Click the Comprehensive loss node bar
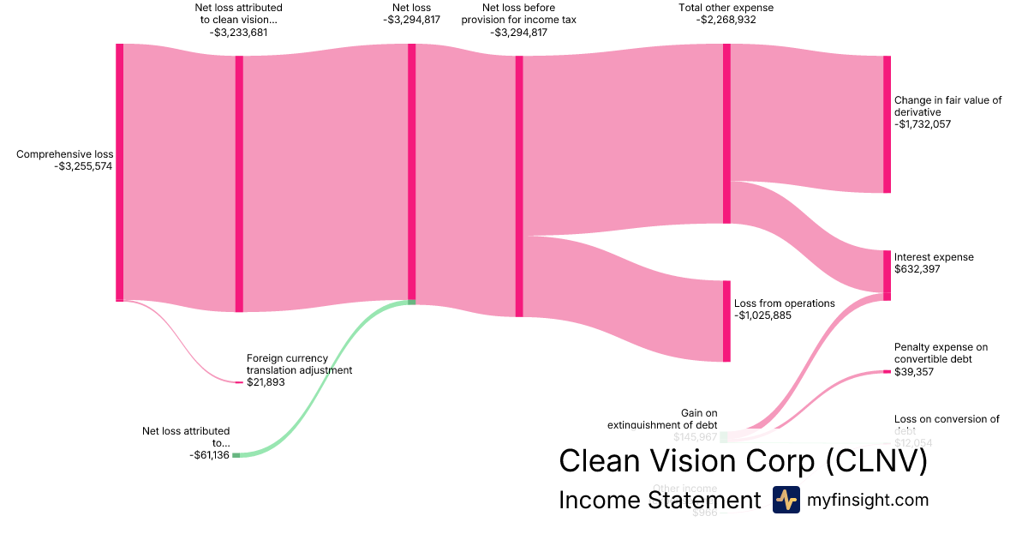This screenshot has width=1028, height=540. click(x=120, y=171)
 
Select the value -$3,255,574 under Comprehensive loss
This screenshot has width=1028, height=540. click(x=83, y=166)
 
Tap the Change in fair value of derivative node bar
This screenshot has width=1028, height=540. click(x=887, y=124)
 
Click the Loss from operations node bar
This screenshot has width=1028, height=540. click(x=726, y=321)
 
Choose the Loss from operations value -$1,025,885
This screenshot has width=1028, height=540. click(x=763, y=315)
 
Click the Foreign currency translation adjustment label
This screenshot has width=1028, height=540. click(x=299, y=364)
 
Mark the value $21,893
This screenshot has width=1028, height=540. click(x=266, y=382)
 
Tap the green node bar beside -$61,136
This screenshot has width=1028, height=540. click(x=236, y=455)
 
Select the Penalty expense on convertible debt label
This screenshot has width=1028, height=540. click(x=941, y=353)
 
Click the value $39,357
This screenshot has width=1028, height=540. click(x=914, y=372)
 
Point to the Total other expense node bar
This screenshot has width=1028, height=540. click(x=726, y=133)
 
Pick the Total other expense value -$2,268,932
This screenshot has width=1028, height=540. click(x=726, y=20)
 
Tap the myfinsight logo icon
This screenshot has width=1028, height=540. click(x=786, y=500)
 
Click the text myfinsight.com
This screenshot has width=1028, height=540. click(x=868, y=500)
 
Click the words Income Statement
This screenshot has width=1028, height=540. click(x=659, y=500)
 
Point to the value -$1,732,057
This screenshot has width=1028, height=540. click(x=923, y=124)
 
